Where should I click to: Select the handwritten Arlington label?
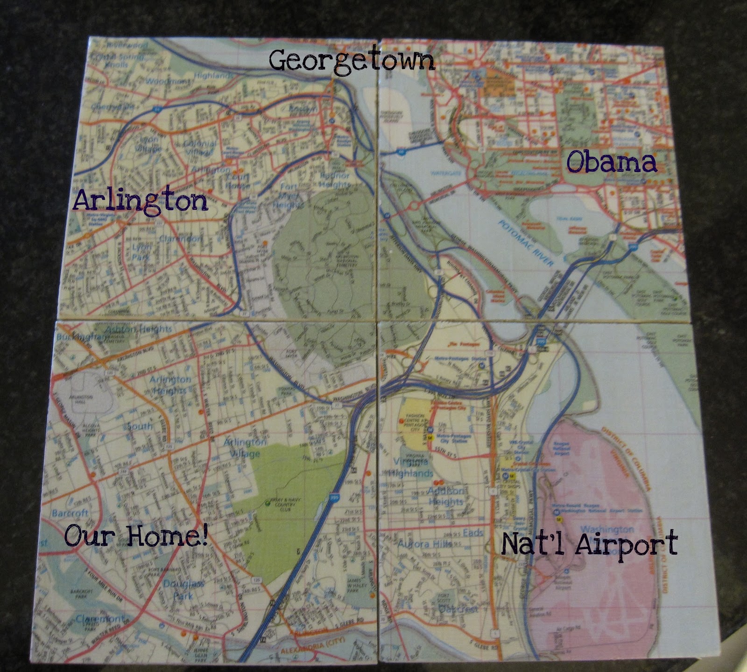tap(140, 202)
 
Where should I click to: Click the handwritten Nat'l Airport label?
tap(589, 544)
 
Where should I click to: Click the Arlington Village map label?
tap(245, 447)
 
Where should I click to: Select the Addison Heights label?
tap(446, 496)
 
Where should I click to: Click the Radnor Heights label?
tap(334, 180)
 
